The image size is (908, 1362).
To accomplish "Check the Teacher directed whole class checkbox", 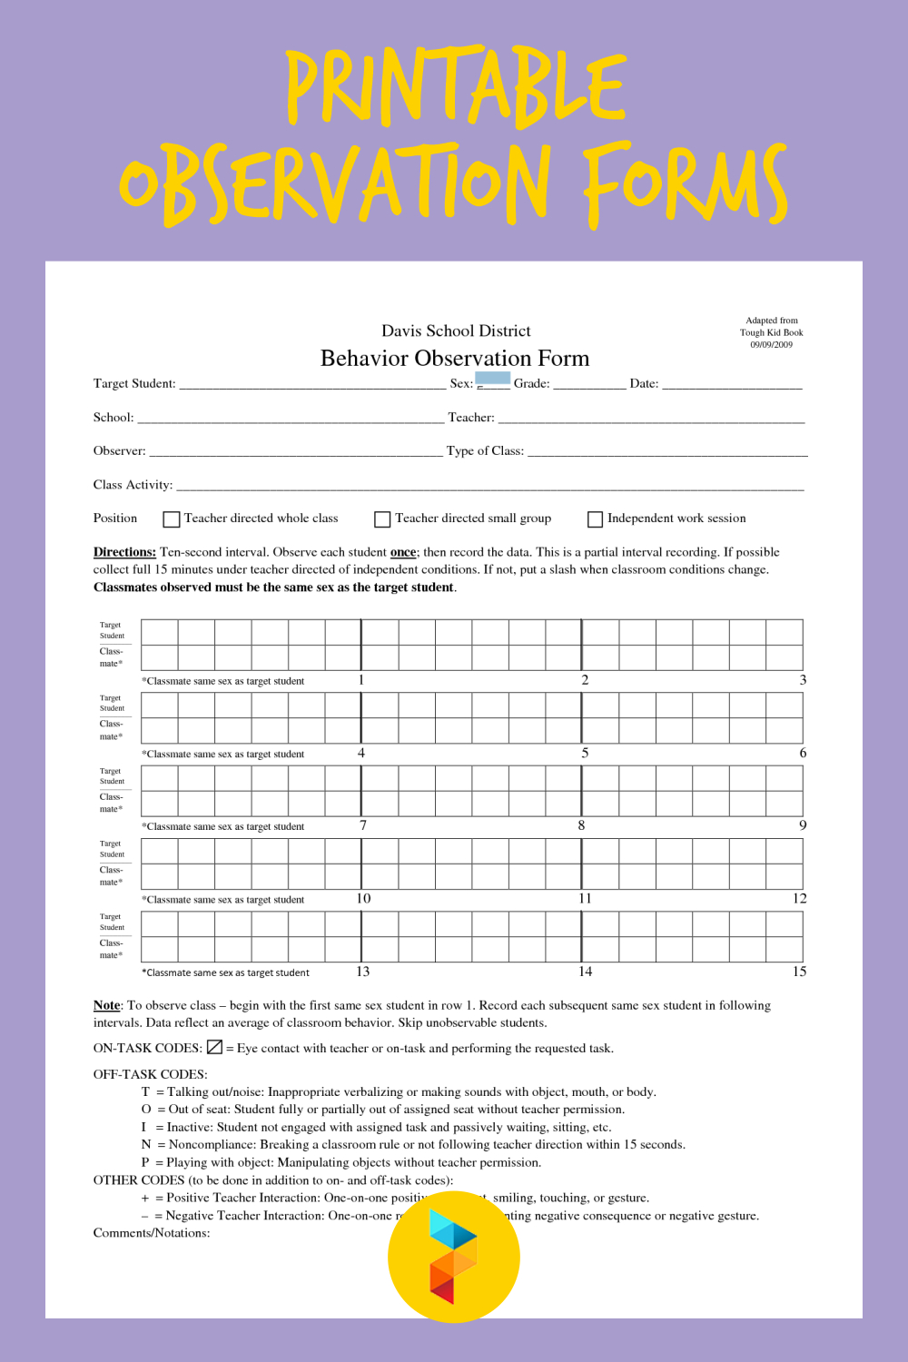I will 171,519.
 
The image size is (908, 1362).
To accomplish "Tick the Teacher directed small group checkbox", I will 382,519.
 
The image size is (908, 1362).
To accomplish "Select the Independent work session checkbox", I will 595,519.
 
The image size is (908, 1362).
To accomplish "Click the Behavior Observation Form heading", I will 455,359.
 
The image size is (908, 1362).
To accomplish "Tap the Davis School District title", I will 456,331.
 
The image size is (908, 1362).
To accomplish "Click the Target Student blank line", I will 312,386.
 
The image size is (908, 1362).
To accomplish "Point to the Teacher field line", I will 651,419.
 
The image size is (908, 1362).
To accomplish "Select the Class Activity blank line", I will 490,487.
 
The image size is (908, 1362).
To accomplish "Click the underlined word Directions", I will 124,552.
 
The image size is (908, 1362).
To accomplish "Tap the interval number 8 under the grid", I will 581,825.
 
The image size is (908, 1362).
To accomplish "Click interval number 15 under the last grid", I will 799,972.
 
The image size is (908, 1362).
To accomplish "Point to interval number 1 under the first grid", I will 361,680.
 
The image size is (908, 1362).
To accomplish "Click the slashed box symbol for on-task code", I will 214,1047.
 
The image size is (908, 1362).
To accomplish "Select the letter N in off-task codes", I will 146,1145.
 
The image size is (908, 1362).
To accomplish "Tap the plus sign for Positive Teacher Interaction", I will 145,1199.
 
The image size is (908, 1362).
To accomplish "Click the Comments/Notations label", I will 152,1233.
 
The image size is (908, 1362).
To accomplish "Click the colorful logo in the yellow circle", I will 453,1256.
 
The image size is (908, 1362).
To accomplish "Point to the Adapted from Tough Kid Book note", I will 771,332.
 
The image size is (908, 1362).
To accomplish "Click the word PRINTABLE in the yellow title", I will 457,88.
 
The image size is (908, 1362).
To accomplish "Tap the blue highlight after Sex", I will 492,378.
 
